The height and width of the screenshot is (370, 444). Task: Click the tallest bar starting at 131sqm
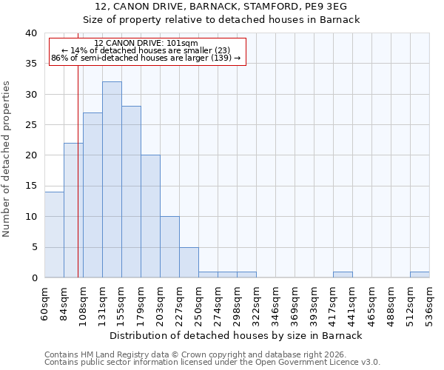coord(112,180)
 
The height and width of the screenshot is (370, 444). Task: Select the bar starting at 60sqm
coord(54,235)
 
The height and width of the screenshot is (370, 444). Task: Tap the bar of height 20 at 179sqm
coord(150,216)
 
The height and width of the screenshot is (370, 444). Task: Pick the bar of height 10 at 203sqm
coord(169,247)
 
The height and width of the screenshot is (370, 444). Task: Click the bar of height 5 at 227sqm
coord(189,262)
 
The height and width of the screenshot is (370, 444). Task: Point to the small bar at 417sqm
coord(343,275)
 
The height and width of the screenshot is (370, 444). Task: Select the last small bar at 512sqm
coord(420,275)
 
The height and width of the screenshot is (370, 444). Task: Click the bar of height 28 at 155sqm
coord(131,192)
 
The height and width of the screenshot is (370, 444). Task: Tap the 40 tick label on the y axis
coord(30,33)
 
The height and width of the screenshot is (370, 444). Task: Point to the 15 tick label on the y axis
coord(30,186)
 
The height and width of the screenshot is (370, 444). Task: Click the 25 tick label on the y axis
coord(30,125)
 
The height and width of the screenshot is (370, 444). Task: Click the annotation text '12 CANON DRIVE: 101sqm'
coord(147,44)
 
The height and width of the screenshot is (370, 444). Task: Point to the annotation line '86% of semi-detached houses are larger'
coord(146,58)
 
